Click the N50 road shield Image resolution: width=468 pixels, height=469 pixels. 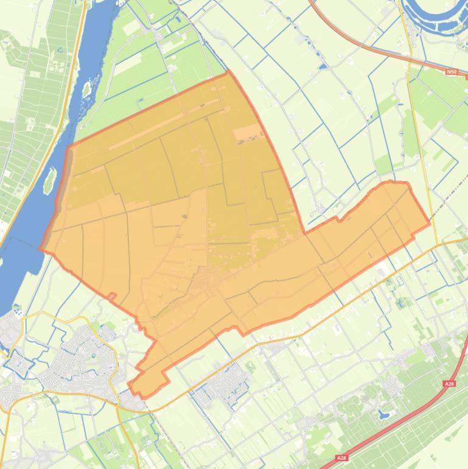pyautogui.click(x=451, y=72)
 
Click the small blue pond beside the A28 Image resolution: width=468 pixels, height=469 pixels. pyautogui.click(x=383, y=415)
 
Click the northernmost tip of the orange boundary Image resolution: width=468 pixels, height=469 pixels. pyautogui.click(x=229, y=71)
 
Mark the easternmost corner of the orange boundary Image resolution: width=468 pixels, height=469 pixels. pyautogui.click(x=430, y=223)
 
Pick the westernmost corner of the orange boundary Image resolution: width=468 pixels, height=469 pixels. pyautogui.click(x=40, y=249)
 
